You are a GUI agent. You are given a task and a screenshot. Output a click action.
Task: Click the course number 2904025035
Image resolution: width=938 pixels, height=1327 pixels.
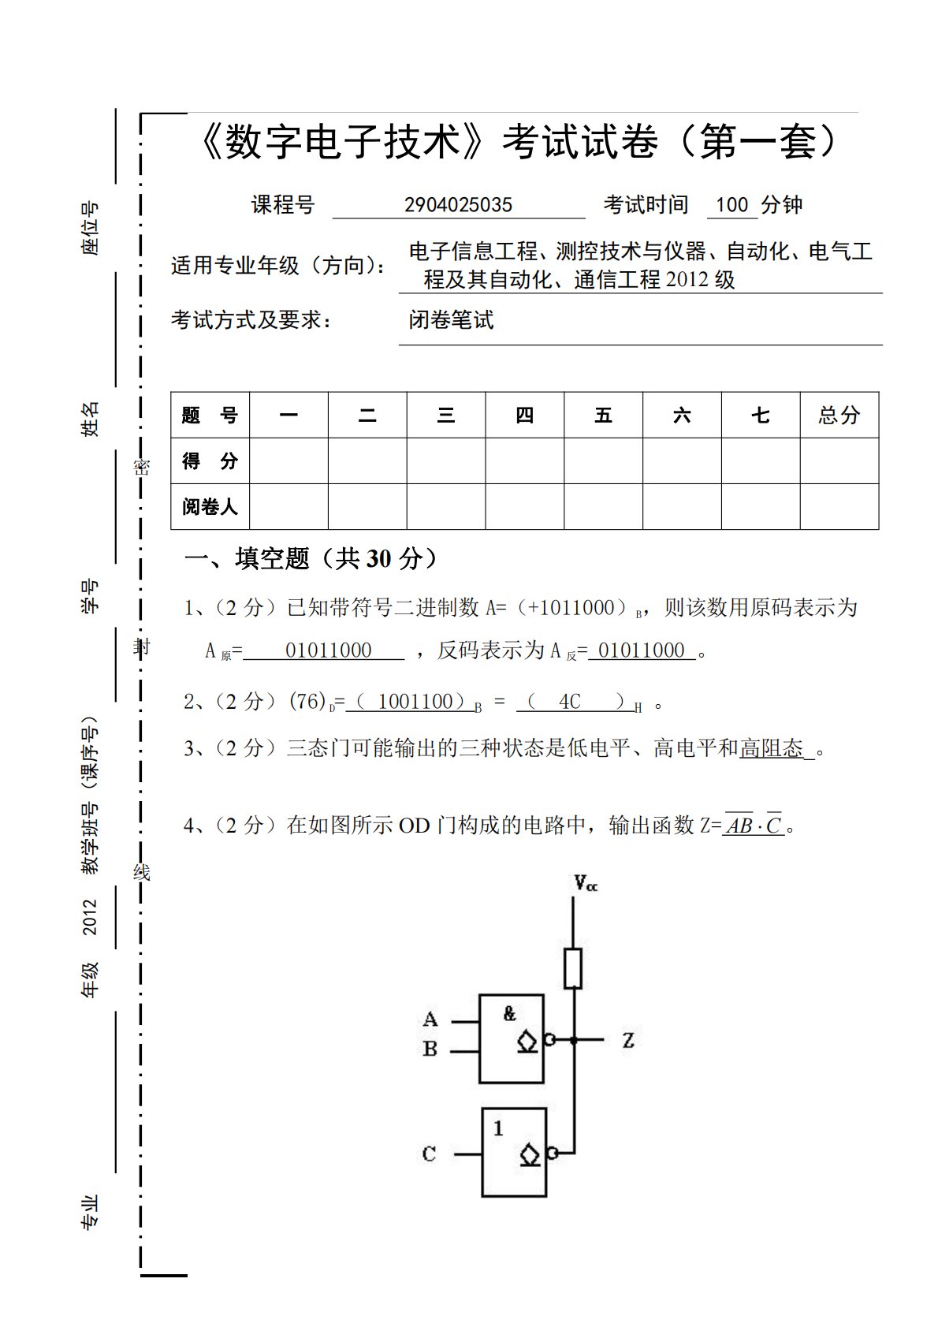pyautogui.click(x=458, y=205)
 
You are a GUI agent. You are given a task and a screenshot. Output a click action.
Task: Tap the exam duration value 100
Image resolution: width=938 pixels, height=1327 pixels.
pyautogui.click(x=731, y=205)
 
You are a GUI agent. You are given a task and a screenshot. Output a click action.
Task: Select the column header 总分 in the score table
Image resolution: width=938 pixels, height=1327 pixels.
pyautogui.click(x=839, y=415)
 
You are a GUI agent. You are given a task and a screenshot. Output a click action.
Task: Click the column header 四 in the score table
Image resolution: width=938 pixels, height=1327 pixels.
pyautogui.click(x=524, y=415)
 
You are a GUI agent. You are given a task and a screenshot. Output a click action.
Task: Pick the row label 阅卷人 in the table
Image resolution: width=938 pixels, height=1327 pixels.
pyautogui.click(x=210, y=506)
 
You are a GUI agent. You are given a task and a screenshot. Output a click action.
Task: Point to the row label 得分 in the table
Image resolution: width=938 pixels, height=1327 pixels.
pyautogui.click(x=210, y=460)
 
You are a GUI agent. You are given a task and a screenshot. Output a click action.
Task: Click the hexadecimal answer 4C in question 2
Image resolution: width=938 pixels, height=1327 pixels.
pyautogui.click(x=569, y=702)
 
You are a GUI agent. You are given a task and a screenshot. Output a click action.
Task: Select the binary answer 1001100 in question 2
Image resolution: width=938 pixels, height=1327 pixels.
pyautogui.click(x=415, y=702)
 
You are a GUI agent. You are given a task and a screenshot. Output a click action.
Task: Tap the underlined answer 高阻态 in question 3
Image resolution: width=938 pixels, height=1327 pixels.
pyautogui.click(x=771, y=747)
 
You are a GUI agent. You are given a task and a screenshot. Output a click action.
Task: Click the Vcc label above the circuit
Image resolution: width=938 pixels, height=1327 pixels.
pyautogui.click(x=585, y=884)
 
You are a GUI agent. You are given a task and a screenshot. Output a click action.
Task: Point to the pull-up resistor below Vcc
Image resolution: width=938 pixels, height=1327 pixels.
pyautogui.click(x=573, y=968)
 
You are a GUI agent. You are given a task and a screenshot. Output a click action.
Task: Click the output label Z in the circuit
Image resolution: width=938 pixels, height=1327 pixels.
pyautogui.click(x=628, y=1040)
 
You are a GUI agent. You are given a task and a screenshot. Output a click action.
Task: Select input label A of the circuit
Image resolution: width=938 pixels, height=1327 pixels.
pyautogui.click(x=430, y=1019)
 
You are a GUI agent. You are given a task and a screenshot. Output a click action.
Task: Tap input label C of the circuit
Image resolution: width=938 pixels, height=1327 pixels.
pyautogui.click(x=429, y=1154)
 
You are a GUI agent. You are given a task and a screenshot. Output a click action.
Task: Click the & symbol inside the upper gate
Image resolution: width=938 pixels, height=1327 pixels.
pyautogui.click(x=510, y=1014)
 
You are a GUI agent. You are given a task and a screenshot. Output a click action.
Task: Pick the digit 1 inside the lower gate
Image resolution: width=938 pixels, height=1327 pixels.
pyautogui.click(x=498, y=1129)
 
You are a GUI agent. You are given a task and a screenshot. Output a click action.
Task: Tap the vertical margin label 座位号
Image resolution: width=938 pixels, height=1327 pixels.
pyautogui.click(x=91, y=229)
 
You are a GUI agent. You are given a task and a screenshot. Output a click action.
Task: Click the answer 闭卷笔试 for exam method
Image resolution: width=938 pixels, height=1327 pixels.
pyautogui.click(x=451, y=319)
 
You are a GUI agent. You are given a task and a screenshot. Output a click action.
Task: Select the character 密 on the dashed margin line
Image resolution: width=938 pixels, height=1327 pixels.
pyautogui.click(x=141, y=467)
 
